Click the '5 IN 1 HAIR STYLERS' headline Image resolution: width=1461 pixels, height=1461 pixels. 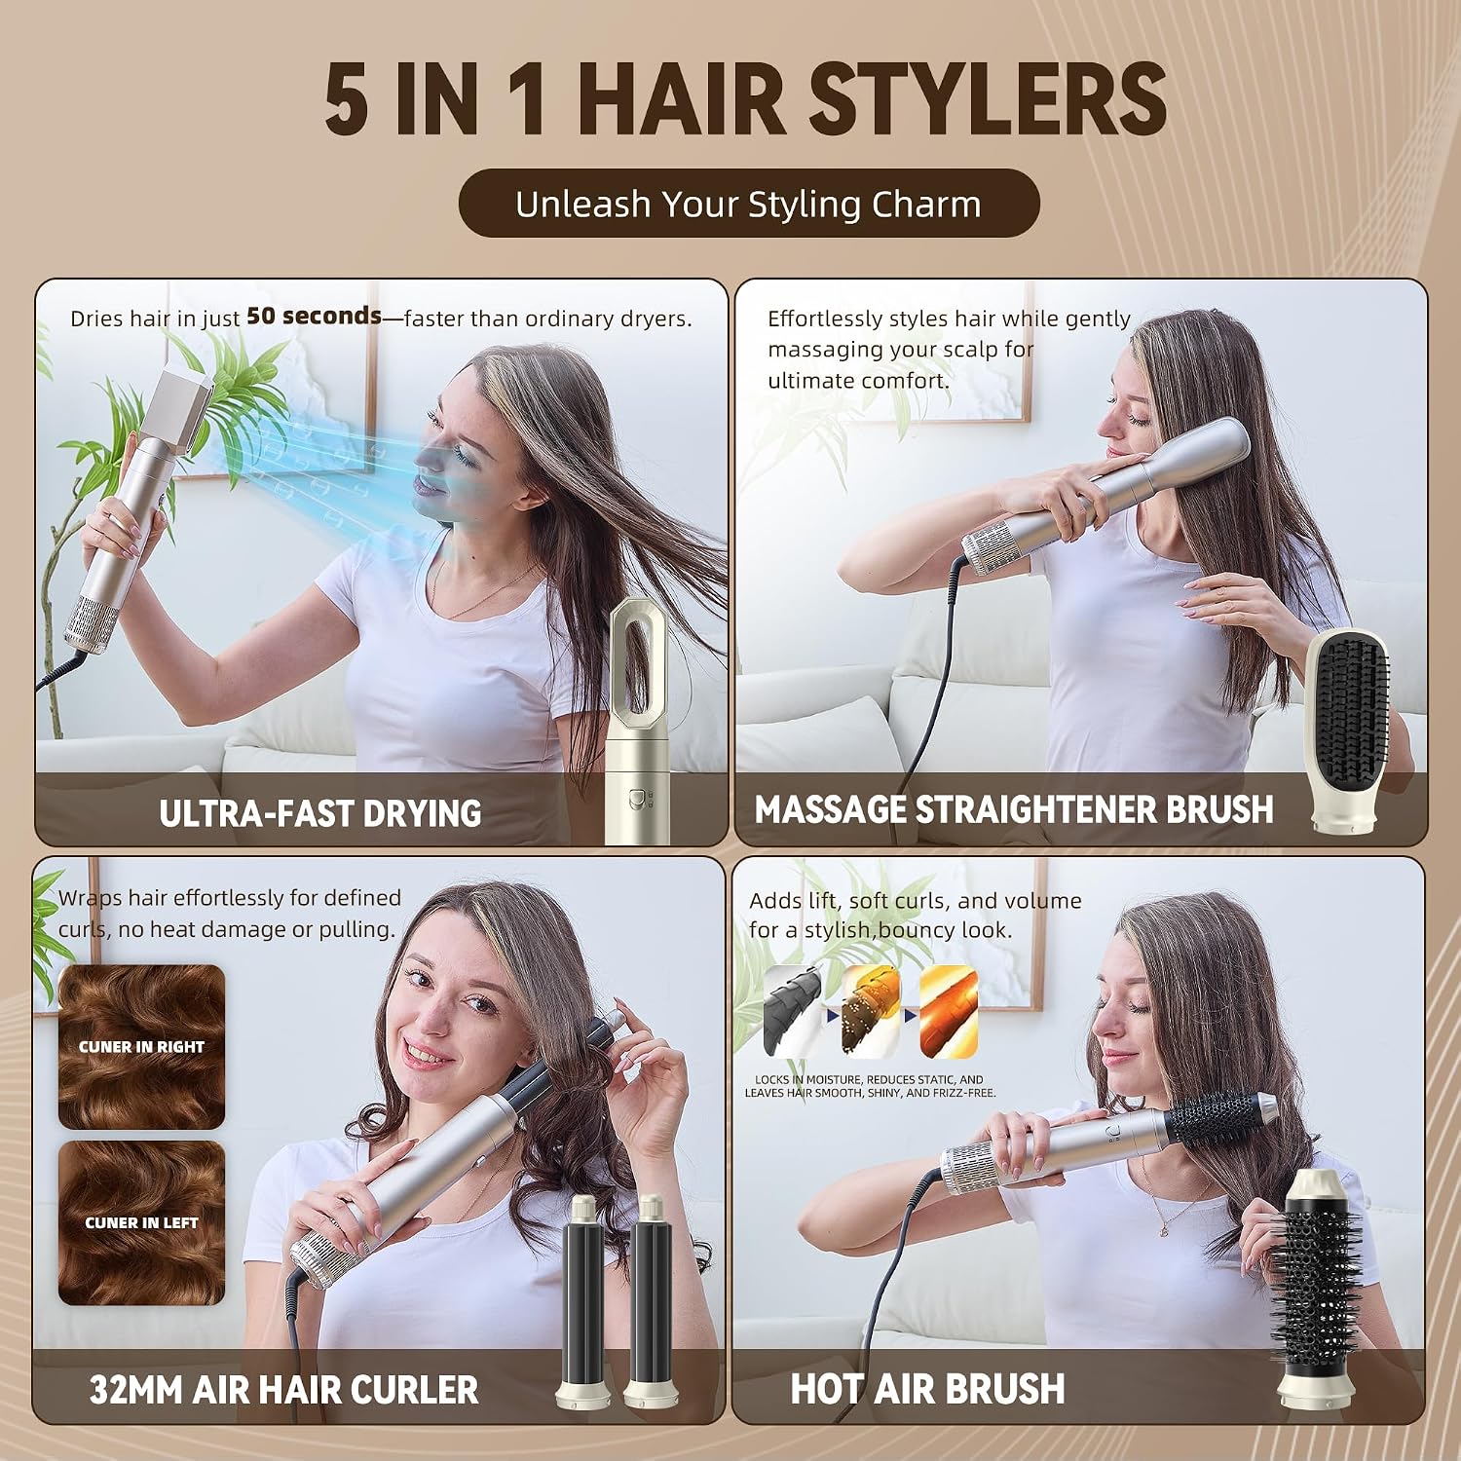[746, 99]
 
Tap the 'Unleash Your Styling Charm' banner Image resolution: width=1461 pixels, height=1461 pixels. [748, 204]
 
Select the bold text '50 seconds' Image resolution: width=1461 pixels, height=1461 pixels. [314, 316]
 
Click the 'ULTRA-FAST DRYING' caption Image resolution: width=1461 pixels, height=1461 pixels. [320, 813]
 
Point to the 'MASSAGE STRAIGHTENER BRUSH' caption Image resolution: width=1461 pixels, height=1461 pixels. [1014, 809]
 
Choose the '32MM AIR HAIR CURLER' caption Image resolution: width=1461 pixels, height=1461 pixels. [283, 1390]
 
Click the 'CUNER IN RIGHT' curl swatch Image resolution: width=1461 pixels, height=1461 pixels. [141, 1047]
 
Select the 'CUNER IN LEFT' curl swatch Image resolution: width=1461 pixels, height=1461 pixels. [141, 1223]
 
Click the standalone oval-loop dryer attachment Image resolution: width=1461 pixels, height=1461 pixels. [638, 721]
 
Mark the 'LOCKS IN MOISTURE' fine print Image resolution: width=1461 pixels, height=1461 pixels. [870, 1086]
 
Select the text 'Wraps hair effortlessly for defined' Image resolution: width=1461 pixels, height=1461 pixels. [230, 897]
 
